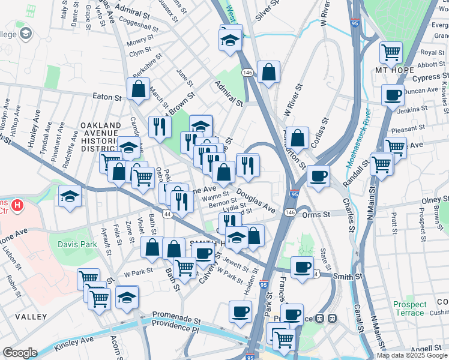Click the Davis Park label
pyautogui.click(x=77, y=244)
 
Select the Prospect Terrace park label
pyautogui.click(x=410, y=309)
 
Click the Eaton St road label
pyautogui.click(x=107, y=96)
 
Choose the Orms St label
pyautogui.click(x=316, y=214)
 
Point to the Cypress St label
pyautogui.click(x=426, y=77)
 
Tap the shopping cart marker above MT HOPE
pyautogui.click(x=391, y=53)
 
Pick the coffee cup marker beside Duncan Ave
pyautogui.click(x=393, y=95)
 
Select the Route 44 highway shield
pyautogui.click(x=166, y=214)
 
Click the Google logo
pyautogui.click(x=20, y=353)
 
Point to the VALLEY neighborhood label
pyautogui.click(x=31, y=316)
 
